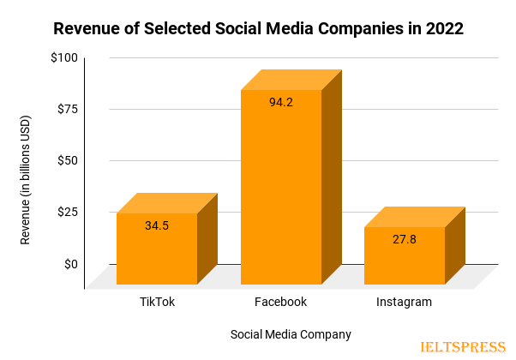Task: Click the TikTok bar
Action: point(157,249)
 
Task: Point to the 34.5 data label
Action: point(157,226)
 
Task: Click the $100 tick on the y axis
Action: point(64,57)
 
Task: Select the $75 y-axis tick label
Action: point(67,109)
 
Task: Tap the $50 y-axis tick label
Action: point(67,160)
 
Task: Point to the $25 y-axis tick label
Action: point(67,212)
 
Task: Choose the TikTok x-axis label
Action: point(158,303)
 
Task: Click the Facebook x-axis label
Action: point(280,303)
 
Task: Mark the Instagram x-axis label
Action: point(404,303)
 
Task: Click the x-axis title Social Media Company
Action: point(291,333)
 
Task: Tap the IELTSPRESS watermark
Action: point(463,347)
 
